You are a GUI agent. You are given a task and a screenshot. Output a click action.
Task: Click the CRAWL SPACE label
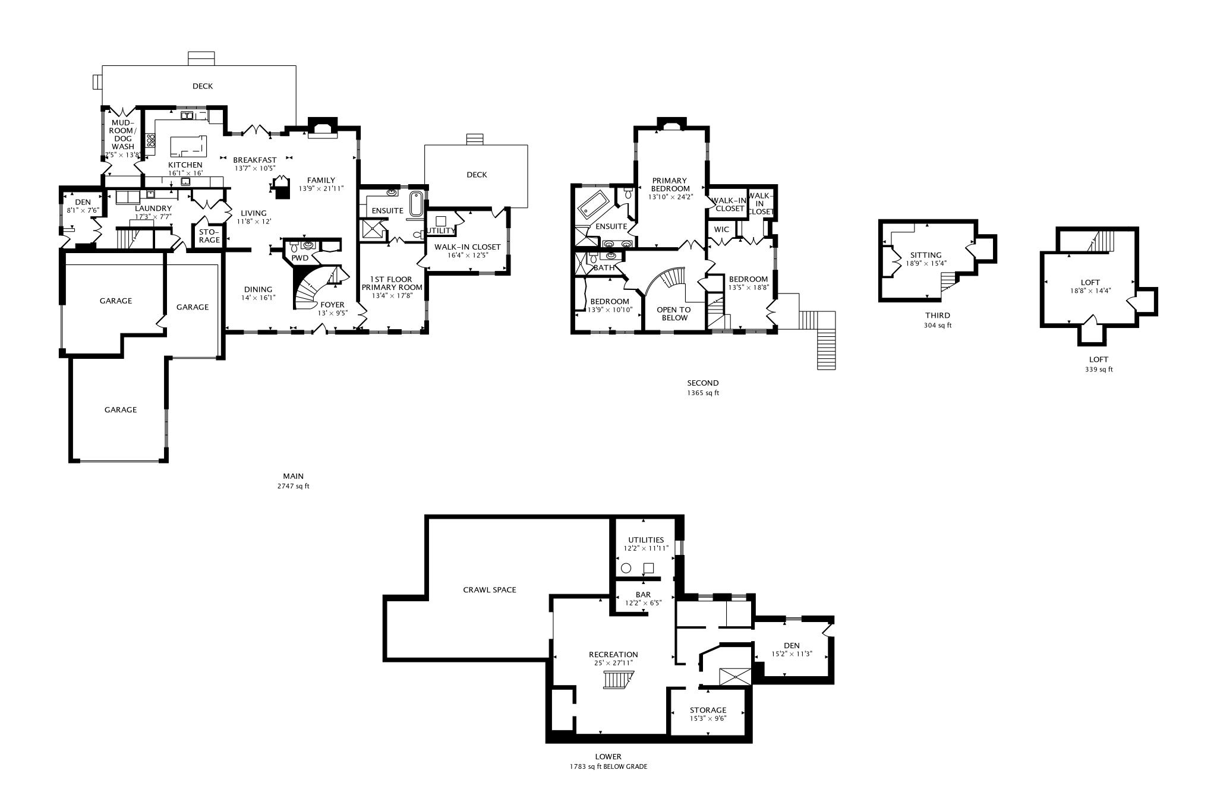tap(489, 590)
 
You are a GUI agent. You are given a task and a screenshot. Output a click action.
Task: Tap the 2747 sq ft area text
tap(293, 486)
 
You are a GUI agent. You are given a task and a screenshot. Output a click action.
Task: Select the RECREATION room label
tap(613, 655)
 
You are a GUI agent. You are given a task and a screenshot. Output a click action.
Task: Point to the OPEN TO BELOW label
tap(674, 314)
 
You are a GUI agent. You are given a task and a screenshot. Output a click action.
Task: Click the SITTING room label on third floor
tap(926, 255)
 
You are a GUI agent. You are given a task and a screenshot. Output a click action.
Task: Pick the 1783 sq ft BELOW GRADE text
tap(608, 766)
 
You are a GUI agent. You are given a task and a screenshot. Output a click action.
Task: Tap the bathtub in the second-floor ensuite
tap(595, 206)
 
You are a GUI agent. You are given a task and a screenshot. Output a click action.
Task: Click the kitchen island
tap(188, 145)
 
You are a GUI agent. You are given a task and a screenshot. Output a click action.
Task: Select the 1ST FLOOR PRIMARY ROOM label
tap(392, 283)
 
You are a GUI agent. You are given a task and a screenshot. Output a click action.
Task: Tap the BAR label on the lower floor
tap(643, 595)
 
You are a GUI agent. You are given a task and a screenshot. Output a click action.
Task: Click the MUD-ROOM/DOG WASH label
tap(123, 135)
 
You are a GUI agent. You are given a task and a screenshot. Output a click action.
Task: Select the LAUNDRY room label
tap(153, 209)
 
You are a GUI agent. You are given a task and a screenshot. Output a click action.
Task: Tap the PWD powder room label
tap(299, 258)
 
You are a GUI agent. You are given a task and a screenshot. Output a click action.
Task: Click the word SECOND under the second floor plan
tap(702, 383)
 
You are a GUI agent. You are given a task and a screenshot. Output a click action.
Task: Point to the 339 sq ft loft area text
tap(1098, 370)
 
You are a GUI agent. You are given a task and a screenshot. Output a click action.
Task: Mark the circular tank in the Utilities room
tap(626, 568)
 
